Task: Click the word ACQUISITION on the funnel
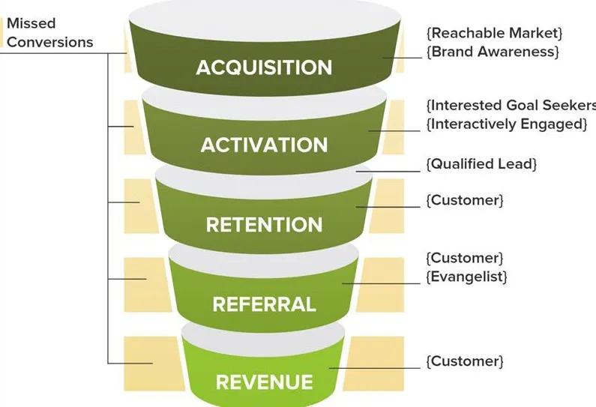pos(263,67)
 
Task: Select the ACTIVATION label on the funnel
pos(264,145)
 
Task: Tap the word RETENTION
pos(264,225)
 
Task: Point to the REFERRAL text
pos(264,304)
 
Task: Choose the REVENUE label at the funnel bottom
pos(264,382)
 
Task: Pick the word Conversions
pos(50,41)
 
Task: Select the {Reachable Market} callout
pos(494,33)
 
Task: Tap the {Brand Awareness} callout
pos(494,52)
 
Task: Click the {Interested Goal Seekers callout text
pos(511,105)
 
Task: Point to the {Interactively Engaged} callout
pos(507,124)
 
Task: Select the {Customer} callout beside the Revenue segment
pos(464,361)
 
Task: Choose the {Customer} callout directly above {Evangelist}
pos(464,258)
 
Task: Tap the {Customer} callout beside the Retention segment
pos(464,201)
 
